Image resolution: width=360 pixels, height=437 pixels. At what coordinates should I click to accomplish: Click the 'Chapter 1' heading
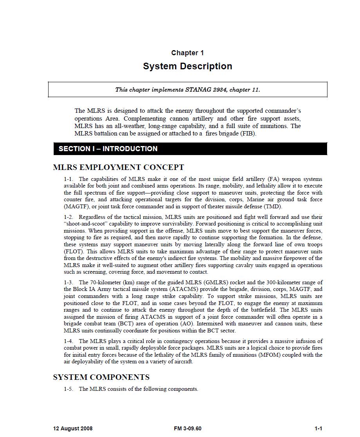tap(187, 53)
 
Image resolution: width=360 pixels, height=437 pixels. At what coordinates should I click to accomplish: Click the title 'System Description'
tap(187, 66)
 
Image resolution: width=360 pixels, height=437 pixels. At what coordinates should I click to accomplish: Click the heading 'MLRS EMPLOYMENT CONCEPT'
tap(118, 168)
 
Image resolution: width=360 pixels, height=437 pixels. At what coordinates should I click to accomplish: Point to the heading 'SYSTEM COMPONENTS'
tap(101, 377)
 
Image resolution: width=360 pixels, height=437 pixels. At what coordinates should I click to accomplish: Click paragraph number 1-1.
tap(69, 179)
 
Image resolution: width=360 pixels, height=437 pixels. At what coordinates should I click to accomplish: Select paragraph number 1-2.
tap(69, 217)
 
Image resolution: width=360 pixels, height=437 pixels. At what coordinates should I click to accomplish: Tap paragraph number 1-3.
tap(69, 282)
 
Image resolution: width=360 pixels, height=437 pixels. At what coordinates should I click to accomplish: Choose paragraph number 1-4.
tap(69, 341)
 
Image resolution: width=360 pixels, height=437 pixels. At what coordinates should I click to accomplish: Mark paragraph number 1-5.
tap(69, 389)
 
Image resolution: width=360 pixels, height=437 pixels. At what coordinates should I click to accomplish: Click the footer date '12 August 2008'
tap(73, 428)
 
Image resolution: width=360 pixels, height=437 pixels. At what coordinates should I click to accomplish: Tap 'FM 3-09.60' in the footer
tap(188, 428)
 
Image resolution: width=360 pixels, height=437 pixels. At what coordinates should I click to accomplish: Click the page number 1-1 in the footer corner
tap(318, 428)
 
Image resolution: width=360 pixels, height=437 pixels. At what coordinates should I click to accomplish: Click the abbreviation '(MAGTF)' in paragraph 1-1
tap(76, 207)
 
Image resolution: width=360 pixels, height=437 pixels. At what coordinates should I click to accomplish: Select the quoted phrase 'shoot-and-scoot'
tap(86, 224)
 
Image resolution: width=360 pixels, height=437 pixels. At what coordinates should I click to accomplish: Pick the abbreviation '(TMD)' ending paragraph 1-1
tap(273, 207)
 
